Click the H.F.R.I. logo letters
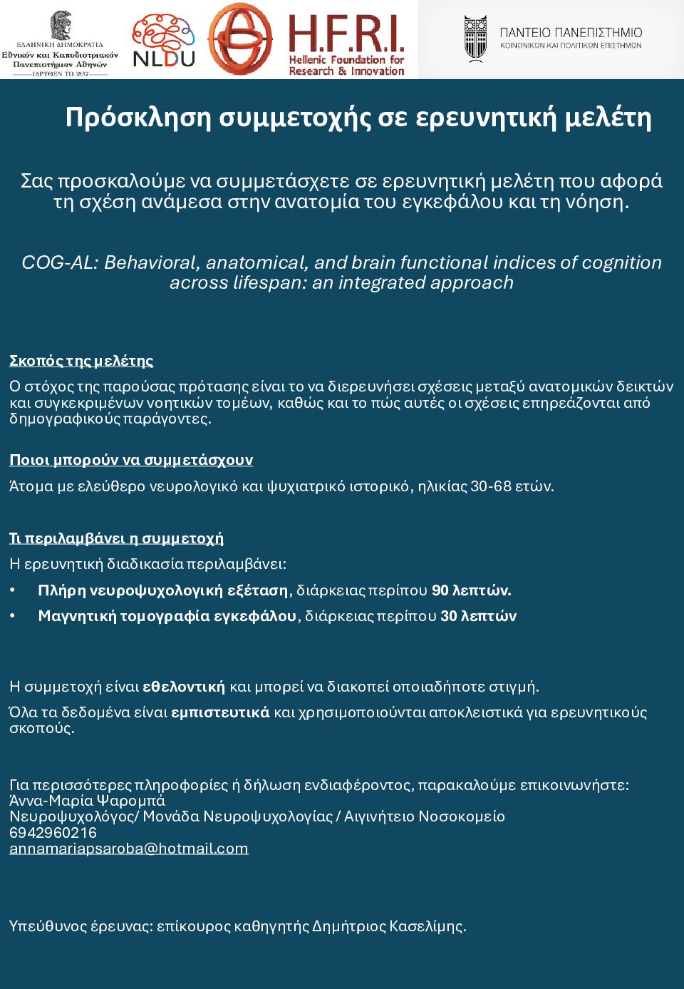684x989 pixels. [346, 34]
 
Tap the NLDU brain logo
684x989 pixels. [164, 40]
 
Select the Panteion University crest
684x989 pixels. [475, 39]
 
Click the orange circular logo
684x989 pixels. [240, 39]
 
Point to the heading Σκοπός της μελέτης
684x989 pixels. [81, 361]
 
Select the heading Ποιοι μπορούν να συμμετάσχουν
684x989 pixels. [131, 460]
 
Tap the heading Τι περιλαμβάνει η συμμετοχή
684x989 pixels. [116, 538]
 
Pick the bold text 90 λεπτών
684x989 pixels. [471, 590]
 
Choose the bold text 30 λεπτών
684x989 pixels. [478, 616]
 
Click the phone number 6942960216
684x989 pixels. [53, 832]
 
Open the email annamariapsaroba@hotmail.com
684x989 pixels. [129, 849]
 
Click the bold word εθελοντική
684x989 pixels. [184, 687]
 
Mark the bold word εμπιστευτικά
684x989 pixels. [221, 712]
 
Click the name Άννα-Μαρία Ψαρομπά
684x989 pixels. [87, 800]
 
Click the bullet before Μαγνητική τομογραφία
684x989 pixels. [13, 616]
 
